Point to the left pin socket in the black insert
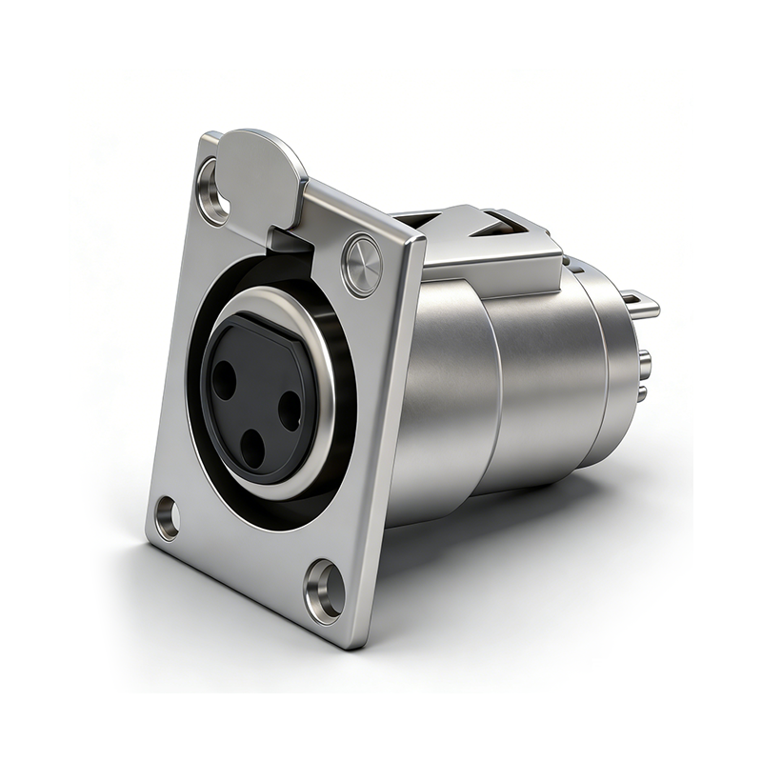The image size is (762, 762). [224, 381]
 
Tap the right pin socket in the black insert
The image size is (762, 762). [290, 410]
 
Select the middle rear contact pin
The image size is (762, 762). [645, 361]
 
